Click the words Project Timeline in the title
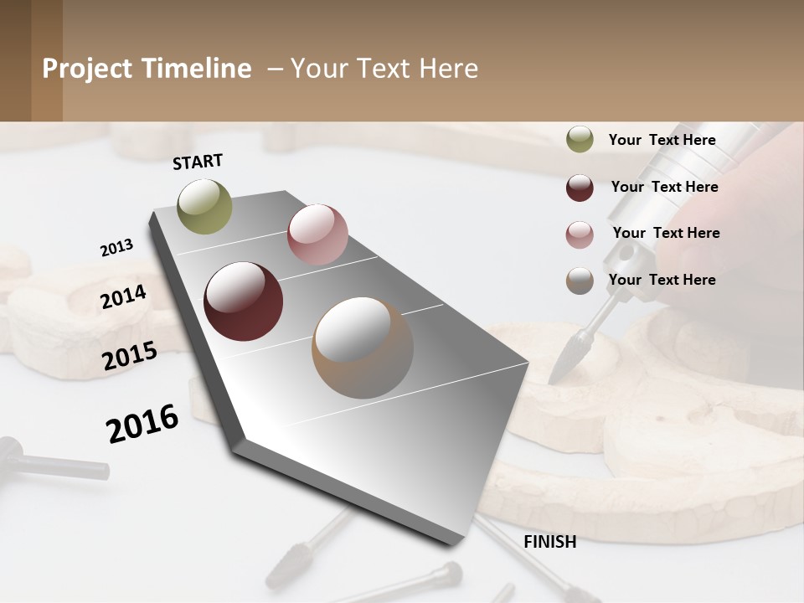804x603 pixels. (147, 69)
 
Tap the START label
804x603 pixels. (198, 162)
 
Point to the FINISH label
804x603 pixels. (549, 542)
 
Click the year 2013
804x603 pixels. (117, 248)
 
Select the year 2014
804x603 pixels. (124, 296)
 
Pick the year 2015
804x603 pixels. (130, 356)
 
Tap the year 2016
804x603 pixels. (142, 424)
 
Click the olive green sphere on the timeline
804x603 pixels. (205, 206)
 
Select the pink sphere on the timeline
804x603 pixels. (317, 234)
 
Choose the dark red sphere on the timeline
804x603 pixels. (243, 301)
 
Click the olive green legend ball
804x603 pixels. (580, 140)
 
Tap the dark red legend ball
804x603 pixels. (580, 188)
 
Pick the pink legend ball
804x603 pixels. (580, 234)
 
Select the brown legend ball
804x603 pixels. (580, 281)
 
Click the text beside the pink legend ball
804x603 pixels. (666, 233)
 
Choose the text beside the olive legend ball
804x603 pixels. (662, 140)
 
